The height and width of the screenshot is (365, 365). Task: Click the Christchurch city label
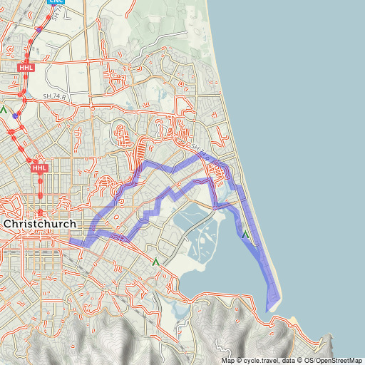[x=42, y=223]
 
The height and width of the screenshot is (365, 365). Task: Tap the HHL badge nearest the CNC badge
[x=26, y=66]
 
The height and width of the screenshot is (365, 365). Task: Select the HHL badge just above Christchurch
[x=40, y=168]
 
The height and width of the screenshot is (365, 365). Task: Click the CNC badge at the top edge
[x=56, y=2]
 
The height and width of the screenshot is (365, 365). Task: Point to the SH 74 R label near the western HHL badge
[x=53, y=96]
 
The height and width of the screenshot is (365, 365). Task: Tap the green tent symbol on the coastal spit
[x=245, y=234]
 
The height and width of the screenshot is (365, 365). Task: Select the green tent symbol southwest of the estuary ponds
[x=155, y=262]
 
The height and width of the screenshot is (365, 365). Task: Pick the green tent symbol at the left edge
[x=4, y=110]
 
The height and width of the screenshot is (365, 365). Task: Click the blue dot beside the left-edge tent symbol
[x=15, y=115]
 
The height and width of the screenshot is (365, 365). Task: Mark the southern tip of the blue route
[x=267, y=310]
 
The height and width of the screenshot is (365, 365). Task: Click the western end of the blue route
[x=72, y=242]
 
